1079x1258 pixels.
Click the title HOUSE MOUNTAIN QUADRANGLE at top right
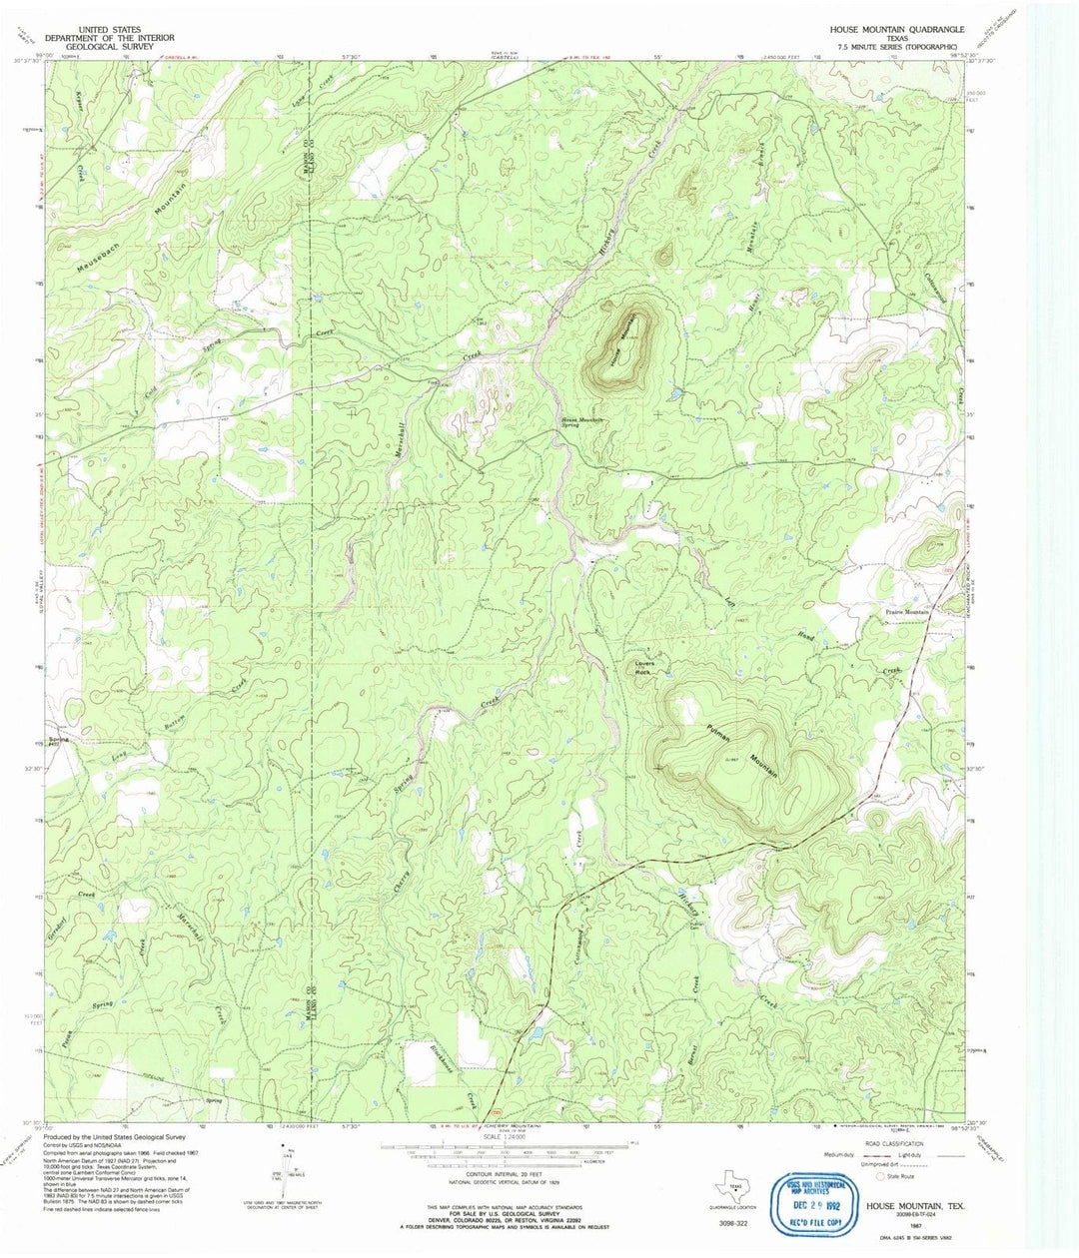pyautogui.click(x=896, y=31)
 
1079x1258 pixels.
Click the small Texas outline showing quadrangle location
pyautogui.click(x=735, y=1188)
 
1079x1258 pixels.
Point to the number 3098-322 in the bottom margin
pyautogui.click(x=733, y=1221)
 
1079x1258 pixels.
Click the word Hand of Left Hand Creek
pyautogui.click(x=807, y=637)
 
